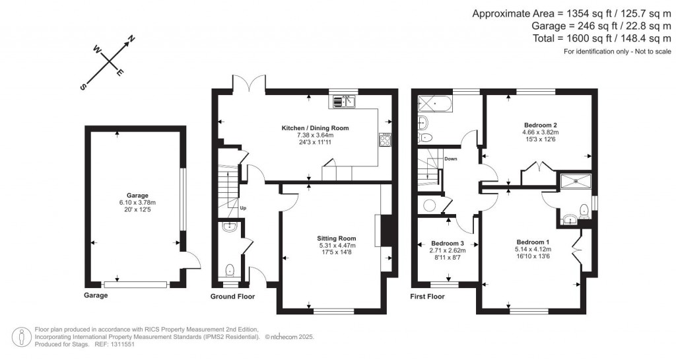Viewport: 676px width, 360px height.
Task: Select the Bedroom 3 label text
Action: tap(448, 242)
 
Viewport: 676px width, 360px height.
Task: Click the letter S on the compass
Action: tap(83, 87)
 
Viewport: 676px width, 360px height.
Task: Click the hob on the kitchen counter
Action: tap(385, 139)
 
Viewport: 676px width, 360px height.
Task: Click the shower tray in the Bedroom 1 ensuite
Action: tap(577, 180)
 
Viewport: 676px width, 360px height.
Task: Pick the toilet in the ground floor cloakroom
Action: tap(229, 270)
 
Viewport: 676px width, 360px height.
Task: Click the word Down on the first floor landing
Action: tap(451, 159)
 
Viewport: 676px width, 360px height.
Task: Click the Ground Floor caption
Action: tap(232, 297)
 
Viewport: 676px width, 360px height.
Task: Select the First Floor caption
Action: tap(427, 297)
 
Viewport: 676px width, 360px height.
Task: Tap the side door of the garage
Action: tap(191, 261)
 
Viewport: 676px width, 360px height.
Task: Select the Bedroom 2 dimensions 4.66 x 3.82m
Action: tap(541, 132)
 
